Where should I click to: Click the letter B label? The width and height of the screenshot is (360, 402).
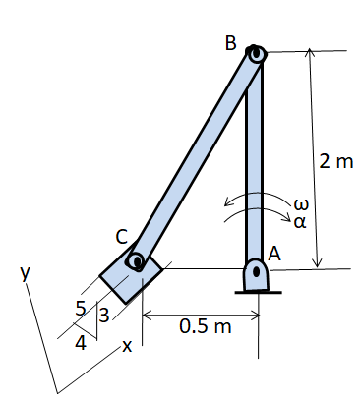(230, 42)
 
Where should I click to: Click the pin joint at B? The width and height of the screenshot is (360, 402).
(256, 56)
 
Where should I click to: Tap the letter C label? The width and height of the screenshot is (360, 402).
(122, 236)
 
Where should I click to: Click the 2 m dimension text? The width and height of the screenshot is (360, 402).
(336, 161)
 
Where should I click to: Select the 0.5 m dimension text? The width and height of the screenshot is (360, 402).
(205, 326)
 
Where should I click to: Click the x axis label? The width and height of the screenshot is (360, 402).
(126, 347)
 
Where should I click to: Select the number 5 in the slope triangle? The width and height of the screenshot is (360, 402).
(81, 307)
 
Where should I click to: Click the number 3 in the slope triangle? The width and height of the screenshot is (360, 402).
(102, 315)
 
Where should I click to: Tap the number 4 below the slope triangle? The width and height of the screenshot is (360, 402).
(81, 343)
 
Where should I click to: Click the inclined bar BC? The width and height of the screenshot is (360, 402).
(197, 157)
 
